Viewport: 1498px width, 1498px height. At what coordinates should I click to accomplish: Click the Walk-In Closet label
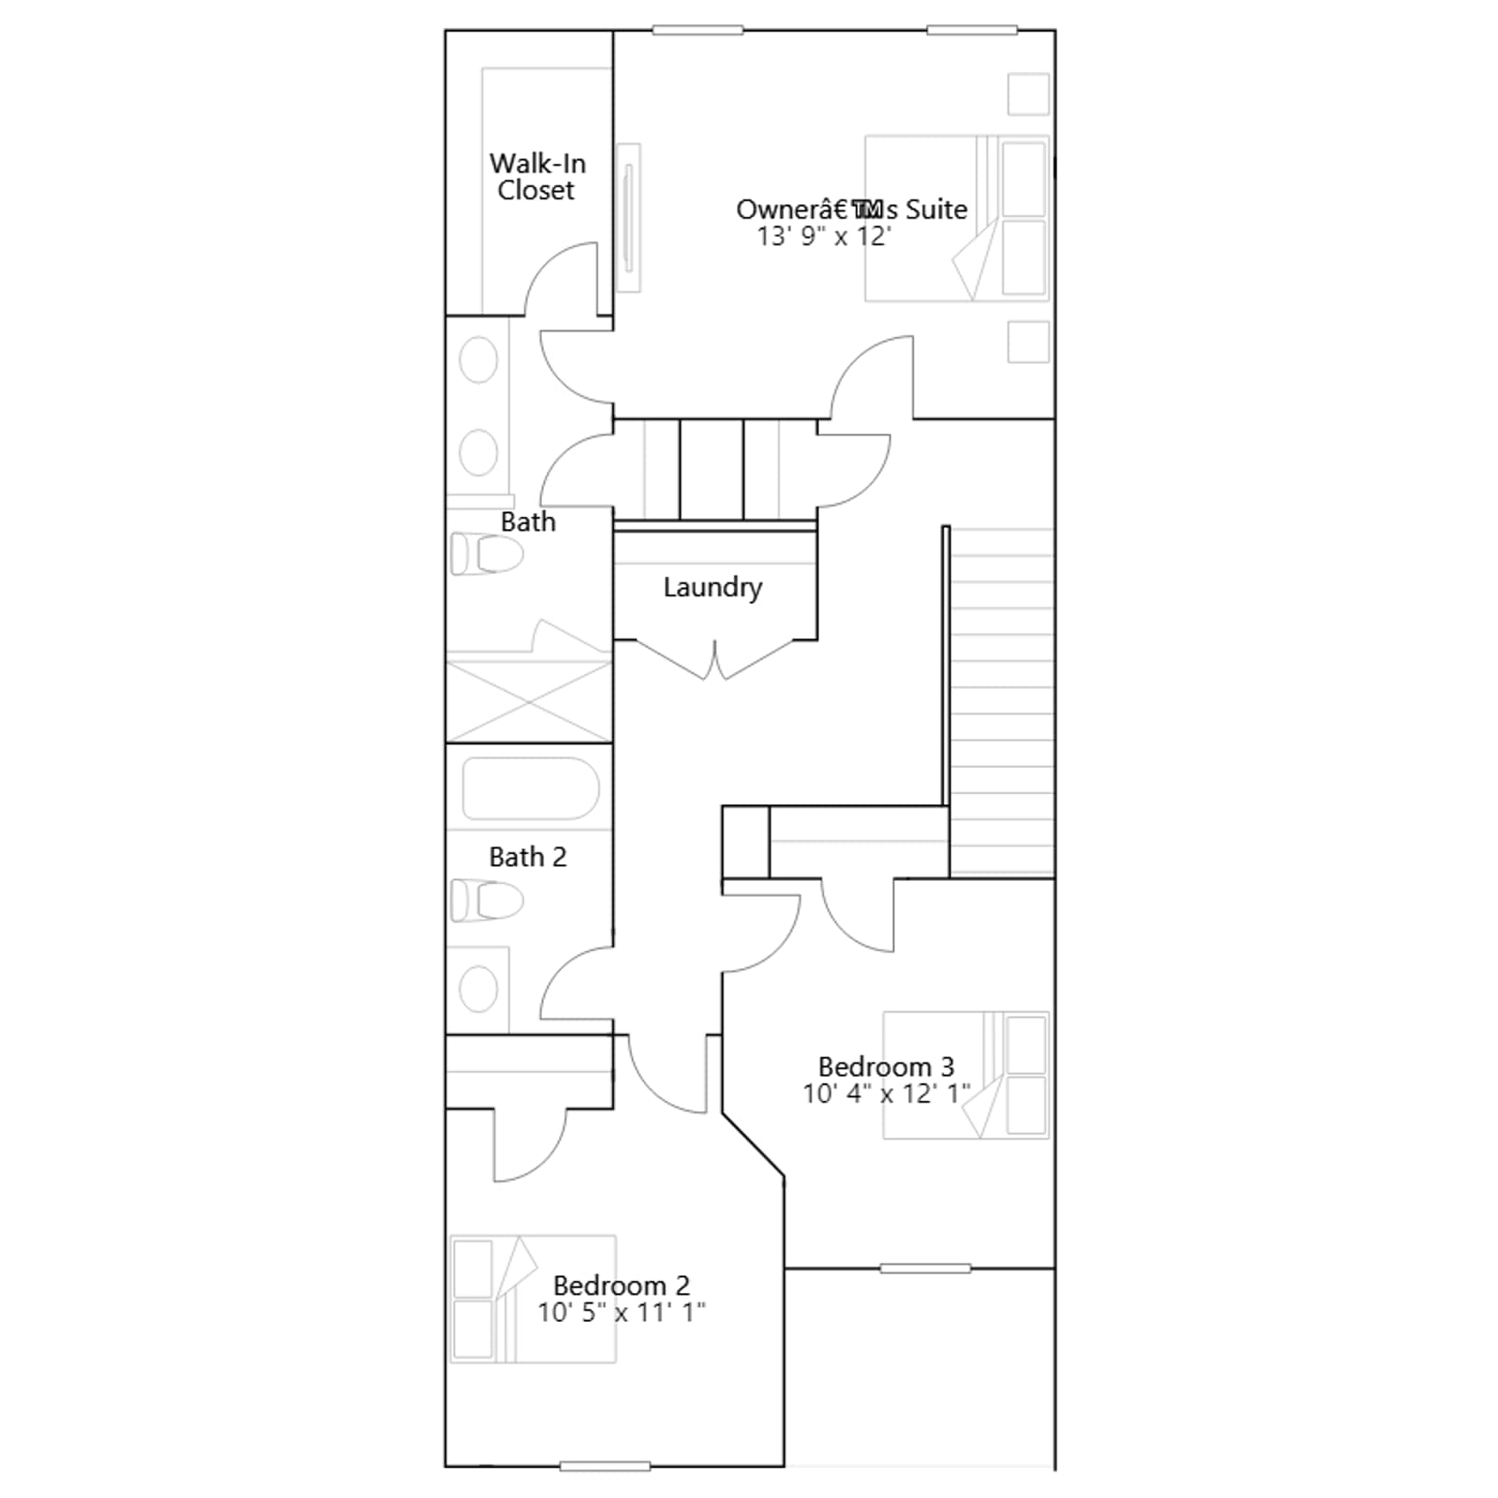coord(537,177)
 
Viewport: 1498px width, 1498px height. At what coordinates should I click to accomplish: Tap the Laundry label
coord(712,588)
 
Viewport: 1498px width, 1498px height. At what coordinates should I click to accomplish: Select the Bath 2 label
coord(528,857)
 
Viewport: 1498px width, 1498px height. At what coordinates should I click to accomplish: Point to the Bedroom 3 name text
coord(886,1066)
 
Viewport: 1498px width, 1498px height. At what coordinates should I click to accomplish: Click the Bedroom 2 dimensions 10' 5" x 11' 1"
coord(621,1313)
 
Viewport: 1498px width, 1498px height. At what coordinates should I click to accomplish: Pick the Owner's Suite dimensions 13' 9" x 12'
coord(824,236)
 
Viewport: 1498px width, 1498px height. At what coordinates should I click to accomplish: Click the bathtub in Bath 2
coord(531,788)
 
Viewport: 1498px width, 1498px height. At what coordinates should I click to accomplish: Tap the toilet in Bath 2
coord(486,901)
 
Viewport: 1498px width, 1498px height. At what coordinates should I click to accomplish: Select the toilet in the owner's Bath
coord(486,553)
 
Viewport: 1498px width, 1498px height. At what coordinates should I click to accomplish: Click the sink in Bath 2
coord(478,990)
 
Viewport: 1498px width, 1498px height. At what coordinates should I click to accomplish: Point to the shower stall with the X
coord(529,701)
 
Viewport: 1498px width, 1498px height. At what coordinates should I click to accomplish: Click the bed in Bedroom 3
coord(965,1075)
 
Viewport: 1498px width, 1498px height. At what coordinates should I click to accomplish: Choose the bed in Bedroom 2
coord(533,1299)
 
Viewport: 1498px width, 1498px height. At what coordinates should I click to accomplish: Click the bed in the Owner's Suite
coord(956,218)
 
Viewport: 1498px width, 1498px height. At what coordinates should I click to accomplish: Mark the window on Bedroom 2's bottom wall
coord(605,1466)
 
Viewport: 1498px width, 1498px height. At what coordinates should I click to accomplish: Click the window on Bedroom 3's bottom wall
coord(925,1269)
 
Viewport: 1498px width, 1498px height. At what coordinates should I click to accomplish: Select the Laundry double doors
coord(714,659)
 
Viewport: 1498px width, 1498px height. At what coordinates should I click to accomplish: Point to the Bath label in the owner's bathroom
coord(528,521)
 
